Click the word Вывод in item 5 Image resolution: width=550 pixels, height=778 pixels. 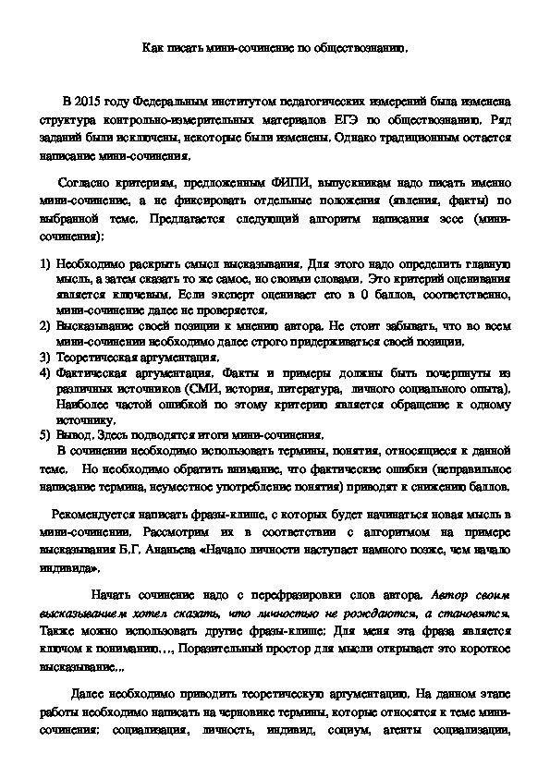pyautogui.click(x=74, y=435)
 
